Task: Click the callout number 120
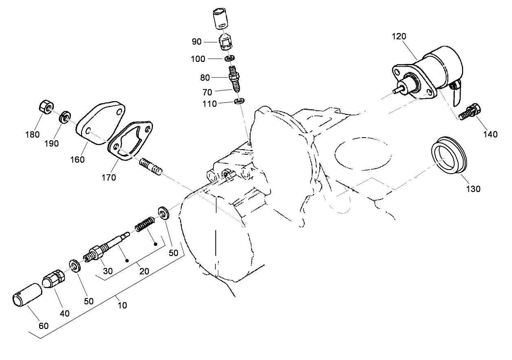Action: pyautogui.click(x=399, y=36)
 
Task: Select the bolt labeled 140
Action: pyautogui.click(x=472, y=111)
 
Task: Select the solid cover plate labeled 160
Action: pyautogui.click(x=100, y=122)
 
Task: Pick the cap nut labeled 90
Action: pyautogui.click(x=226, y=42)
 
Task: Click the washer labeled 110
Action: pyautogui.click(x=240, y=101)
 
